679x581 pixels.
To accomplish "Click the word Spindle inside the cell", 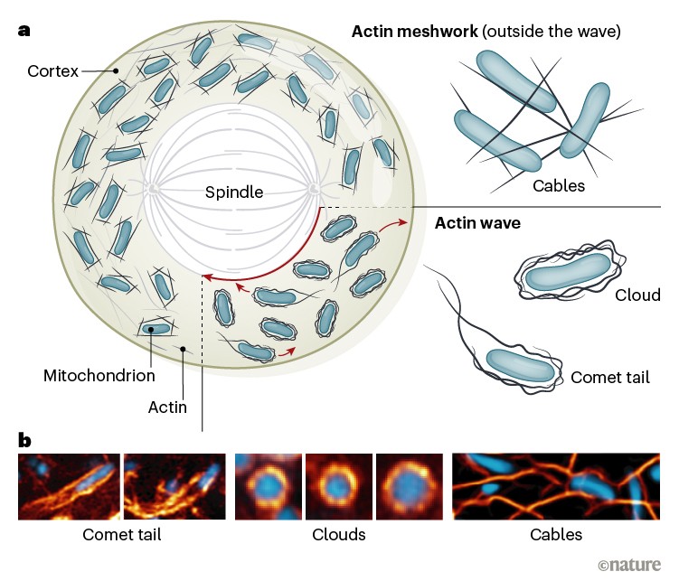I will (x=233, y=192).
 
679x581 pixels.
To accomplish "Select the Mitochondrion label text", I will (x=99, y=374).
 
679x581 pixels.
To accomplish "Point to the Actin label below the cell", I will (x=167, y=407).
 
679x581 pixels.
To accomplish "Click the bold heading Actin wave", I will (x=477, y=222).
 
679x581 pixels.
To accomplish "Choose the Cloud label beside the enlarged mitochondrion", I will (x=637, y=295).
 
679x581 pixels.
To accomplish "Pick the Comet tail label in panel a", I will (x=610, y=378).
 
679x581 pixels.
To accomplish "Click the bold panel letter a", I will (x=24, y=30).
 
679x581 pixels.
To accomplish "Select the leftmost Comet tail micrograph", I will (x=69, y=486).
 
